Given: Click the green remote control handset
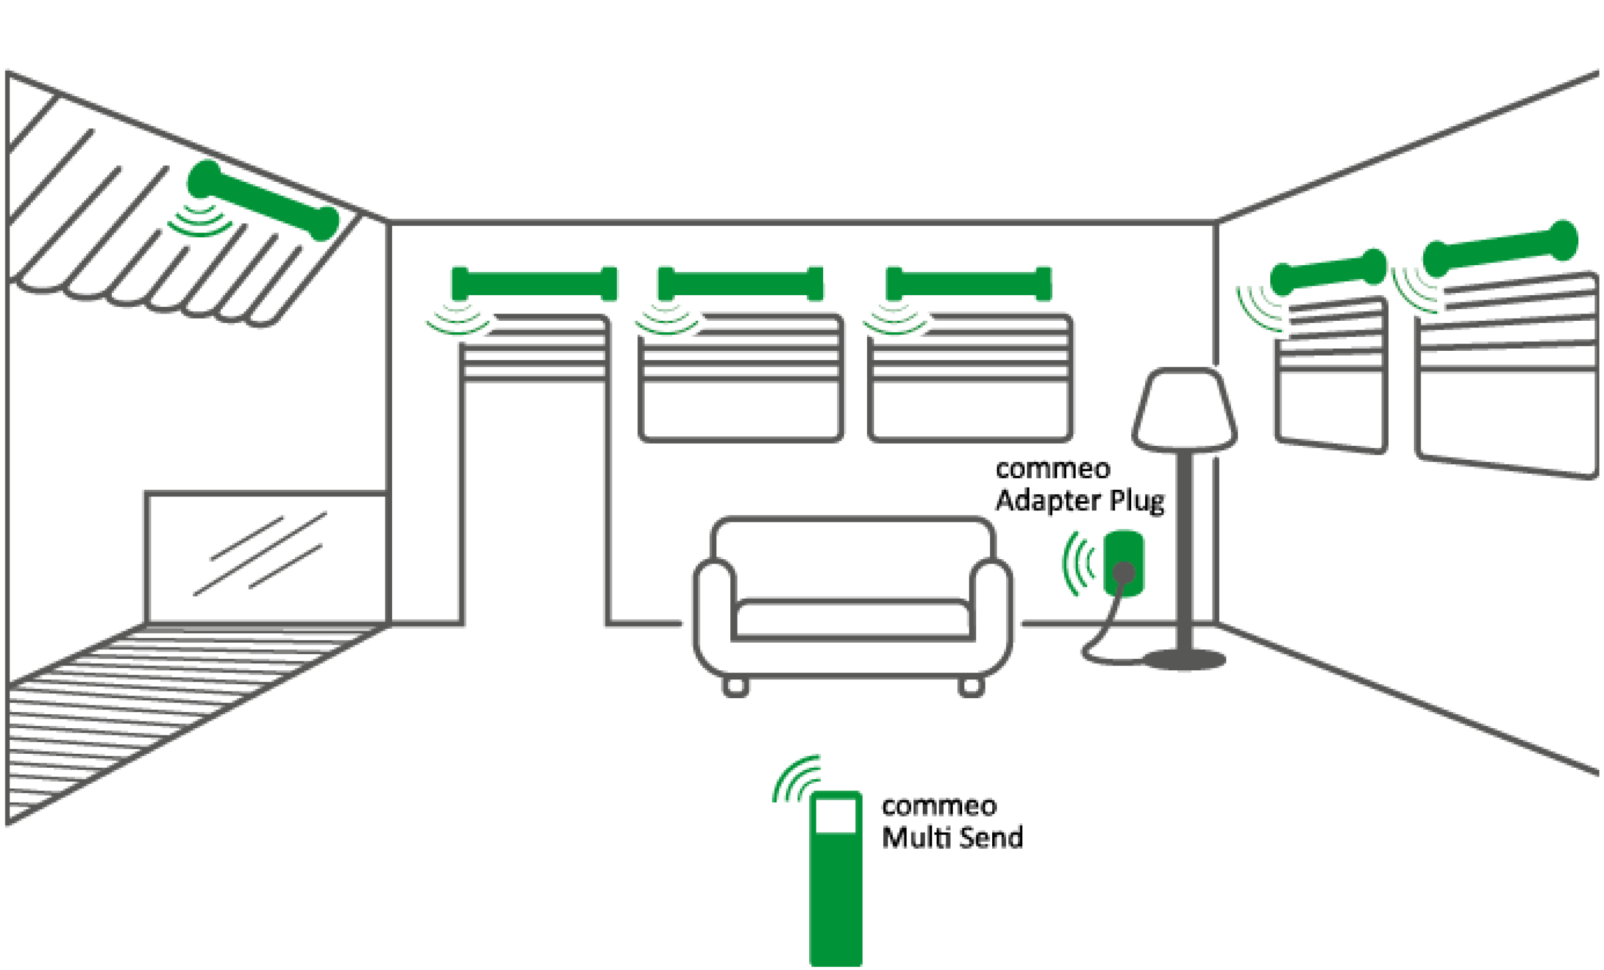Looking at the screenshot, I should [835, 898].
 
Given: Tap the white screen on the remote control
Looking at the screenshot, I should [835, 815].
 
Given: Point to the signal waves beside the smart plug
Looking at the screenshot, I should [1078, 563].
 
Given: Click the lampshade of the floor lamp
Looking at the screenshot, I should [1184, 410].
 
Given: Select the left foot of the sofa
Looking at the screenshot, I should [736, 686].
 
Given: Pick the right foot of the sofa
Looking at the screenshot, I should [970, 686].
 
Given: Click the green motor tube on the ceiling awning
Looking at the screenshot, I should [263, 200].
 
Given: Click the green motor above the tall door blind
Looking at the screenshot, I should [534, 283].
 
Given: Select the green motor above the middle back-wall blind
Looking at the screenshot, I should [741, 283].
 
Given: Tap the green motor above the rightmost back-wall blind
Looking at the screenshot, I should [969, 283].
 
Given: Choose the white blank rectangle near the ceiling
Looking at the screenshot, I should [449, 148].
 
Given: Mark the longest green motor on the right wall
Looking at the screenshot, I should [1501, 248].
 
